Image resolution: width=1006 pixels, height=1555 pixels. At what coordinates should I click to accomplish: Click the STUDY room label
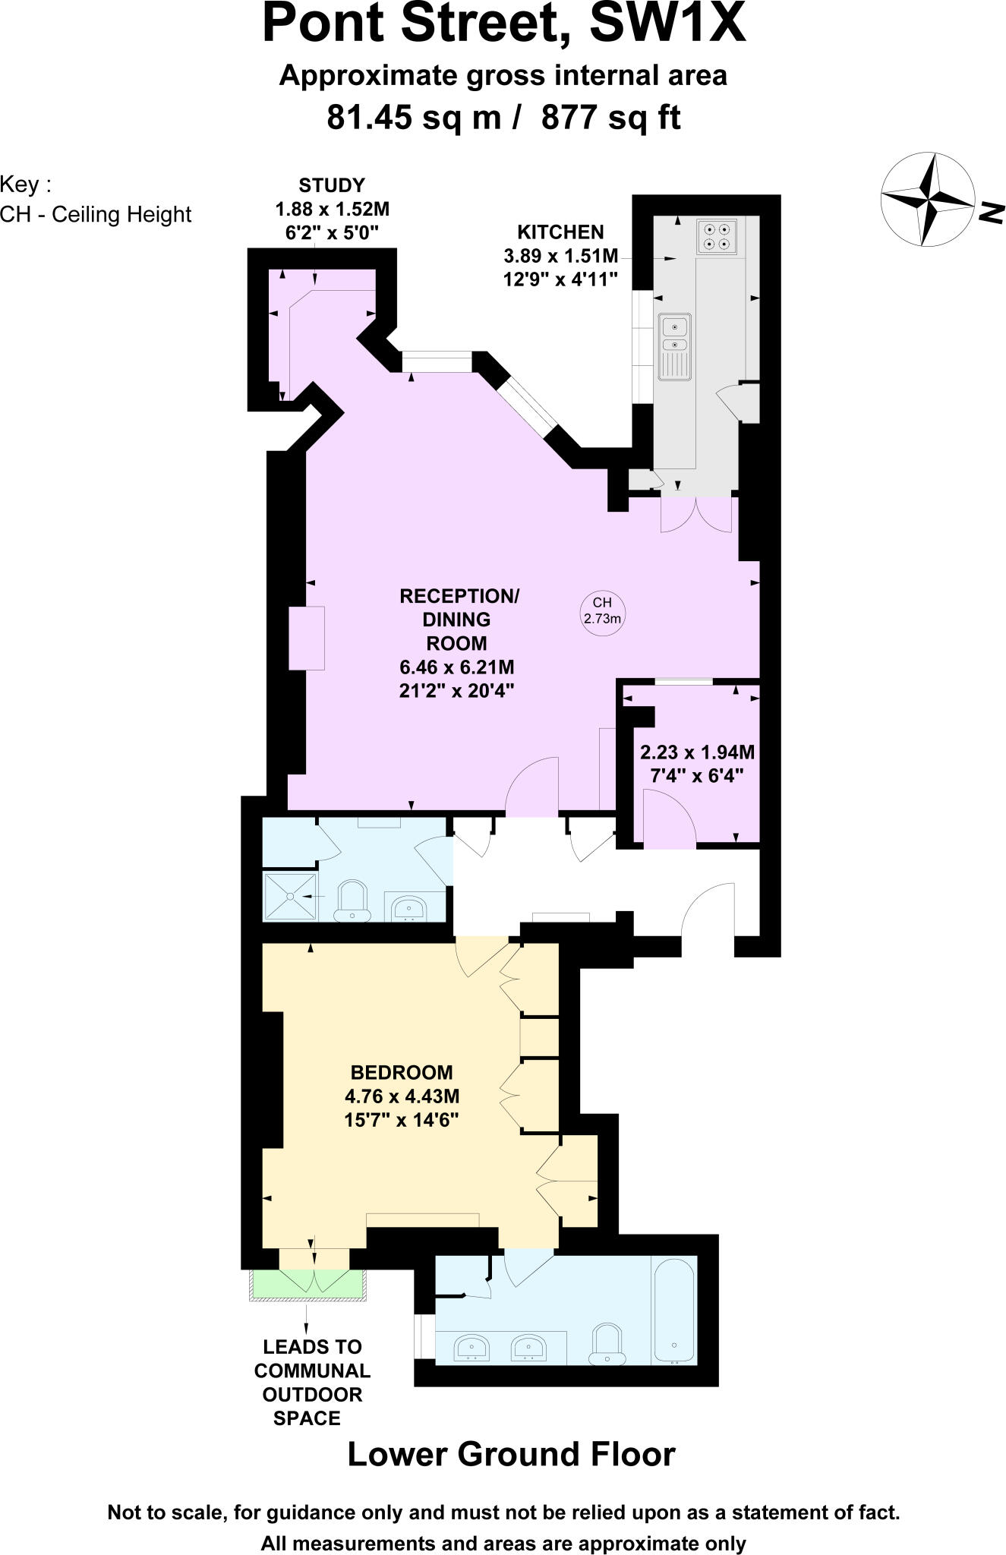[x=332, y=185]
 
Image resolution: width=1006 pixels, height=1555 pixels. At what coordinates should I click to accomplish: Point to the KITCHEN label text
[x=560, y=232]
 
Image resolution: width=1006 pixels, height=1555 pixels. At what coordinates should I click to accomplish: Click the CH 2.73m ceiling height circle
[x=602, y=610]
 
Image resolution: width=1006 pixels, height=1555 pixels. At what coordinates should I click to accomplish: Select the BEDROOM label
[x=402, y=1073]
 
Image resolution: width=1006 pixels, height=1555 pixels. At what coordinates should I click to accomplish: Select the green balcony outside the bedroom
[x=309, y=1283]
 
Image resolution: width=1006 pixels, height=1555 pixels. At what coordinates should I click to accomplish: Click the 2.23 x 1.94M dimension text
[x=697, y=752]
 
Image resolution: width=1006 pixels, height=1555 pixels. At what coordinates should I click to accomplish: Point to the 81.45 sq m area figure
[x=414, y=118]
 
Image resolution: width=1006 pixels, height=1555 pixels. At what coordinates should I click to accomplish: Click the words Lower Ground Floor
[x=511, y=1454]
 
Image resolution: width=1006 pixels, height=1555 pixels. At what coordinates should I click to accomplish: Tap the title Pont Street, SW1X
[x=503, y=24]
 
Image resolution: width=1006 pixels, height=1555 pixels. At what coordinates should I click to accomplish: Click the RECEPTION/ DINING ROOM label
[x=459, y=620]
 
